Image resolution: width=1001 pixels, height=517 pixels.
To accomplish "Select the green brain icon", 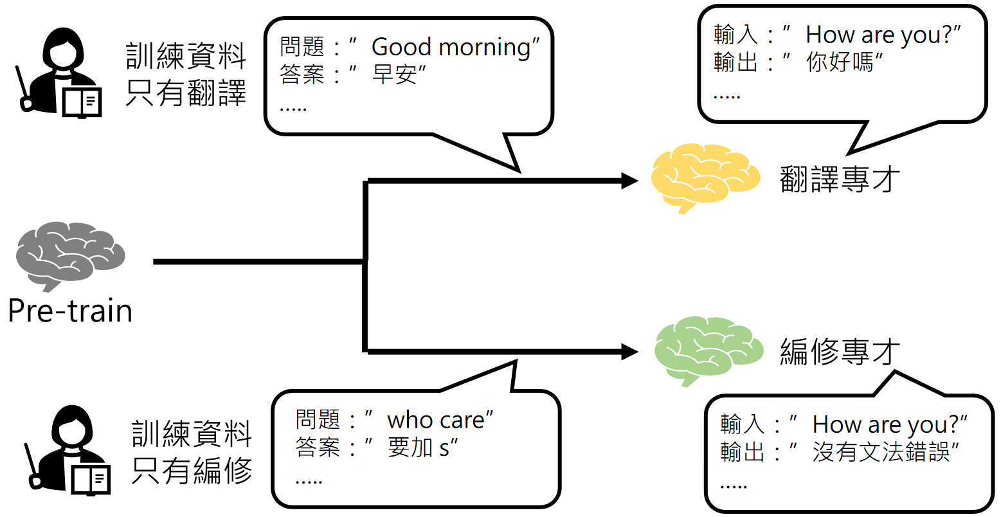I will [708, 349].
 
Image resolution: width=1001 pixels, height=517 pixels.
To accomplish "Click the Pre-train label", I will [70, 311].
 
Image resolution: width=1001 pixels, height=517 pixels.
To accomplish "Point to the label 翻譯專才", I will [840, 179].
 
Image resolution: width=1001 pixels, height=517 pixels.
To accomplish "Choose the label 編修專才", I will [840, 351].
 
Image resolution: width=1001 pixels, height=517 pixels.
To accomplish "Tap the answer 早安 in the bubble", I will [395, 75].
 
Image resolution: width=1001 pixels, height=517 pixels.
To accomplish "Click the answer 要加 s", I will [422, 448].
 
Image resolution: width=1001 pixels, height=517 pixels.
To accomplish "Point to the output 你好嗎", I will [840, 62].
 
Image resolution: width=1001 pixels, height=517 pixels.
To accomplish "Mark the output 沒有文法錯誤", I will [881, 452].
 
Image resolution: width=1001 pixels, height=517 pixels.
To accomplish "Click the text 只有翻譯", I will [186, 93].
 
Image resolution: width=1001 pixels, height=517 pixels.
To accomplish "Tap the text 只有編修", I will [192, 471].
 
